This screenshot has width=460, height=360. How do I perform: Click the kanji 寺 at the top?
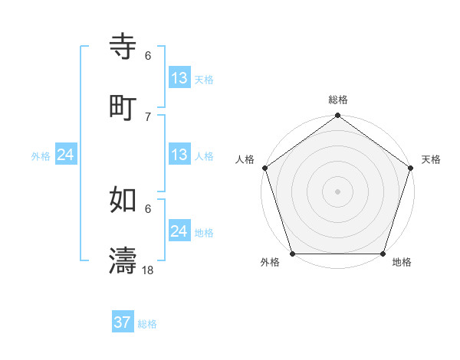[x=123, y=47]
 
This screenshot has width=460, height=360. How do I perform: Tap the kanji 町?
[x=123, y=106]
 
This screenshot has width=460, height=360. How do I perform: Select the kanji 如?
[x=123, y=200]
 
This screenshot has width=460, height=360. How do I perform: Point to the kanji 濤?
[x=123, y=260]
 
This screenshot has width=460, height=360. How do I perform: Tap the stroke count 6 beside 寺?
[x=148, y=56]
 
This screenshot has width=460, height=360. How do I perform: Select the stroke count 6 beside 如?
[x=148, y=208]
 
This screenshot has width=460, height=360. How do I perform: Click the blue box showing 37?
[x=123, y=322]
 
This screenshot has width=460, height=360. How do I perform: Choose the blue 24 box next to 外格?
[x=66, y=155]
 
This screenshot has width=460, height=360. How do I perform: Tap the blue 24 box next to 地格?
[x=179, y=231]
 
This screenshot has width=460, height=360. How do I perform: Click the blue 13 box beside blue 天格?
[x=179, y=78]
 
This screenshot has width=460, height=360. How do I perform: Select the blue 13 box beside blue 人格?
[x=179, y=155]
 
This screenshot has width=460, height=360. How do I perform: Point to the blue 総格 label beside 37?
[x=147, y=324]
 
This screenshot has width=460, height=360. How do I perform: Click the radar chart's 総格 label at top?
[x=338, y=100]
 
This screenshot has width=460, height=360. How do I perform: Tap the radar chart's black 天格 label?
[x=431, y=159]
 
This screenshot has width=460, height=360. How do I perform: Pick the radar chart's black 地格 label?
[x=402, y=263]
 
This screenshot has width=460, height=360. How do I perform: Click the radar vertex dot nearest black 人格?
[x=264, y=168]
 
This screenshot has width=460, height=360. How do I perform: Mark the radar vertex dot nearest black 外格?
[x=292, y=254]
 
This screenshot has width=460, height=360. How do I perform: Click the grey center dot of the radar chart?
[x=338, y=191]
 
